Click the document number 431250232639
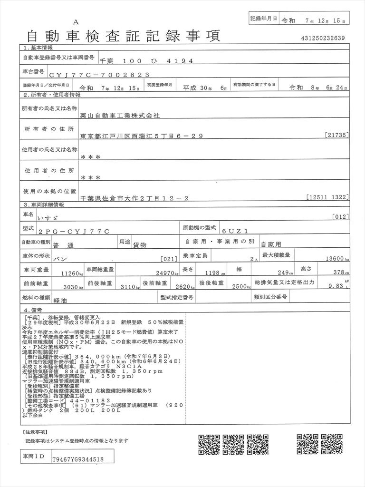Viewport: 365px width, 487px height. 323,39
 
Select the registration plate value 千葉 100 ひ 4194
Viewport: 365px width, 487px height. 146,61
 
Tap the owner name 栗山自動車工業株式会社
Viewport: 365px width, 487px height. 120,115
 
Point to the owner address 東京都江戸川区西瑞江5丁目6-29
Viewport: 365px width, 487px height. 142,136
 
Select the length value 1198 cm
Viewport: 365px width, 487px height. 215,273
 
